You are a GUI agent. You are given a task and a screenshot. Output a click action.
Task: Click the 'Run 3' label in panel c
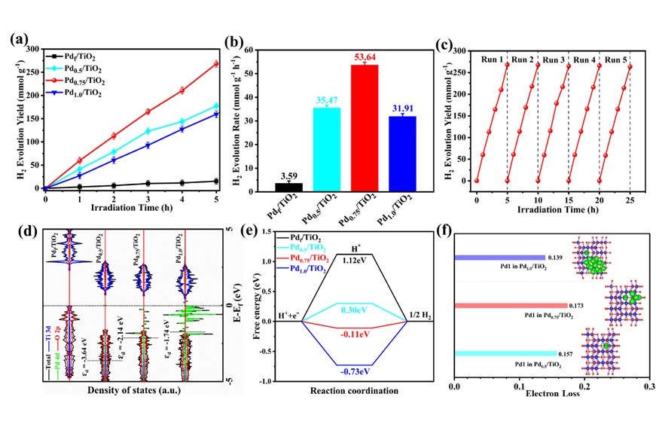[554, 58]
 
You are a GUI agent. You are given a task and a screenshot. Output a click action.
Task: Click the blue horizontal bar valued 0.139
[499, 258]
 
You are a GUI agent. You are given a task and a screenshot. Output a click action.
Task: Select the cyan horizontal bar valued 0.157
[511, 353]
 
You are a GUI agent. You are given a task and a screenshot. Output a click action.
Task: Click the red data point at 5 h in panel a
[216, 64]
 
